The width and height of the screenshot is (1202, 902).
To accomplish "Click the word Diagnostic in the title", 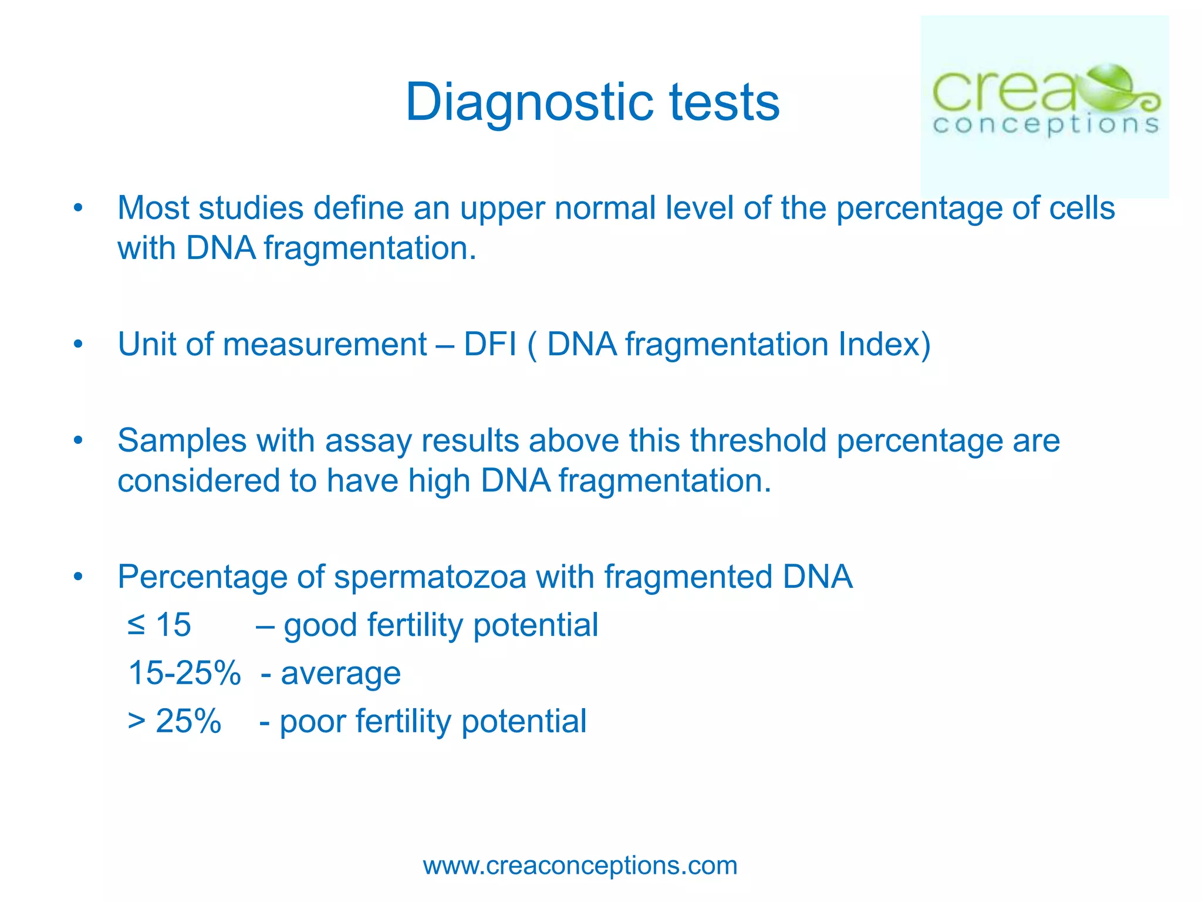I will pos(529,103).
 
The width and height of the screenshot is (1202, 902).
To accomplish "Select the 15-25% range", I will pos(184,673).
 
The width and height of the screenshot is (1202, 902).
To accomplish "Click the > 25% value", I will pos(174,721).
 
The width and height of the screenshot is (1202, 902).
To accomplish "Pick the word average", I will pos(341,673).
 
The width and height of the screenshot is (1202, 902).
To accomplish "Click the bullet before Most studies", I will pos(78,208).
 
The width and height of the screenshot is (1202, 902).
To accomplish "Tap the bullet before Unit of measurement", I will pos(78,345).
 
